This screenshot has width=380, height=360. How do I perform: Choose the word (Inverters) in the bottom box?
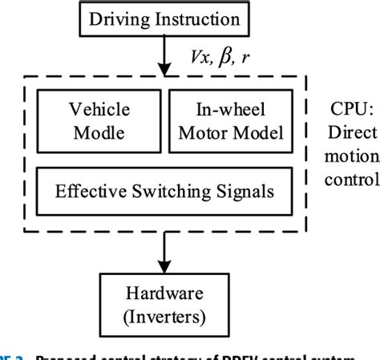(x=163, y=316)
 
